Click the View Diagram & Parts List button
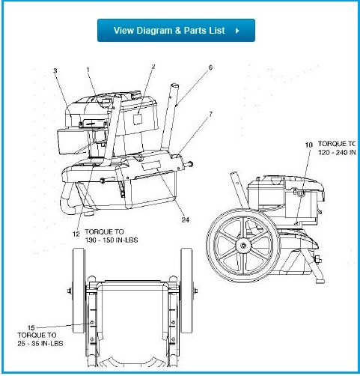[x=176, y=31]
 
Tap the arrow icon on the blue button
[x=237, y=31]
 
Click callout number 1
[x=88, y=70]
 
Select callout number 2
[x=153, y=67]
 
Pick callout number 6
[x=210, y=67]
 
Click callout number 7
[x=210, y=114]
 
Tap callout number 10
[x=308, y=143]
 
